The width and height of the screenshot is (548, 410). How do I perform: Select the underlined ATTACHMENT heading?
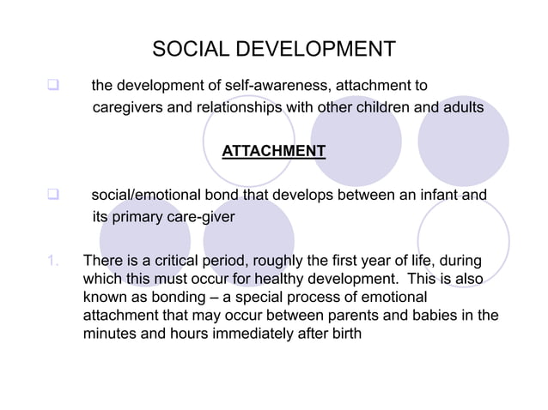pyautogui.click(x=273, y=152)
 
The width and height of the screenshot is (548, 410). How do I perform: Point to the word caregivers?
pyautogui.click(x=129, y=108)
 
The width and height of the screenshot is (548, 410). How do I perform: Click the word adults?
pyautogui.click(x=464, y=108)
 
